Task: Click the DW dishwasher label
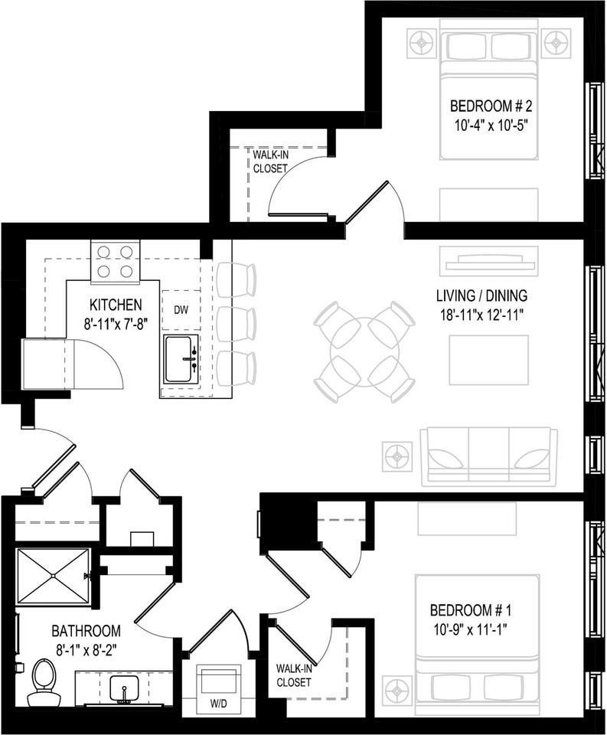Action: point(181,310)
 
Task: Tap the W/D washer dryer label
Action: point(219,704)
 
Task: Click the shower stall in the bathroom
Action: point(53,576)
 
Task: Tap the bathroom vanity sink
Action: point(124,690)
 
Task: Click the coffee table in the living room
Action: point(489,360)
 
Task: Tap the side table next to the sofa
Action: point(398,456)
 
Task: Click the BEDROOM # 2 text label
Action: point(491,106)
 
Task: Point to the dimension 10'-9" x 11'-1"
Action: point(471,627)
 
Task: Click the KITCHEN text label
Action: point(116,305)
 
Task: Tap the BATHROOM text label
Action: point(86,631)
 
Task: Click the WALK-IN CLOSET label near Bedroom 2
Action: point(270,162)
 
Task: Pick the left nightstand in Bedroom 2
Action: point(423,43)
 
